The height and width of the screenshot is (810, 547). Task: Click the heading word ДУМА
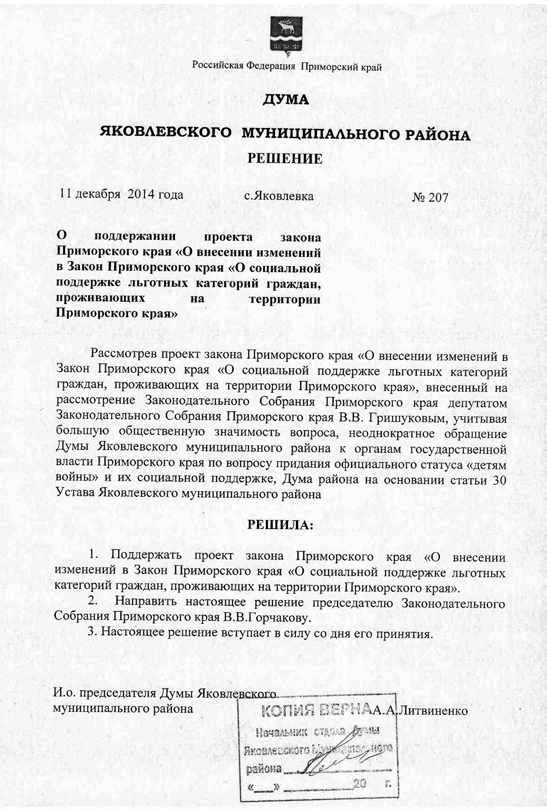(286, 100)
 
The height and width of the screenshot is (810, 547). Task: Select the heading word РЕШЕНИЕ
(285, 159)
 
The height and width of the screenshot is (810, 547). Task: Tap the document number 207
(438, 198)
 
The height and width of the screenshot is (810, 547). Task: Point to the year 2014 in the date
(142, 194)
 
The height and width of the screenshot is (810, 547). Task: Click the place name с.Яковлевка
(279, 196)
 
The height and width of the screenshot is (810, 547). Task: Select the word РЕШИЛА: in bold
(281, 525)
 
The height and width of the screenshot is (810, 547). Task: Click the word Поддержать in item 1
(146, 556)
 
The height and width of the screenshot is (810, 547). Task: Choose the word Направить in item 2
(146, 603)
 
